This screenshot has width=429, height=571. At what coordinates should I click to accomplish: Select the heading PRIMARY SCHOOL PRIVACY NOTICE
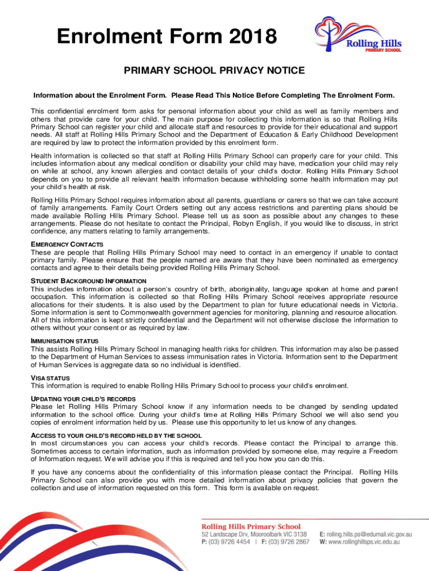pos(214,71)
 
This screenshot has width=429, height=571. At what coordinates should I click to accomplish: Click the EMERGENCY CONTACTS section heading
pos(67,245)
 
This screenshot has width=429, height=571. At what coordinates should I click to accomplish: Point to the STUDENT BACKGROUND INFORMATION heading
pos(89,281)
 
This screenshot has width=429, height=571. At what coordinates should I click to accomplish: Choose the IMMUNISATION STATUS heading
pos(65,341)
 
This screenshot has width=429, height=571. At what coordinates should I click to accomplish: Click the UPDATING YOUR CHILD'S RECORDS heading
pos(83,399)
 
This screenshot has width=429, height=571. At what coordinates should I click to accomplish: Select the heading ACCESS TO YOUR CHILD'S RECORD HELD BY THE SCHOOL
pos(116,435)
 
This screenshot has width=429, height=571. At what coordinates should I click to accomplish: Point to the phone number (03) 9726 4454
pos(231,542)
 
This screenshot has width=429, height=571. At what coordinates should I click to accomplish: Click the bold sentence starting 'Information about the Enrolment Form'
pos(214,95)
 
